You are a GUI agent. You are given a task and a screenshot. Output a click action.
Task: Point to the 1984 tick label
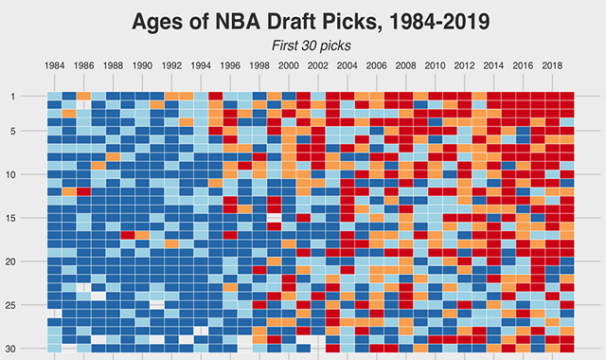pos(55,66)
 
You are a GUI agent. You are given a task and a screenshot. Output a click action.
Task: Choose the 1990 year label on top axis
pos(142,66)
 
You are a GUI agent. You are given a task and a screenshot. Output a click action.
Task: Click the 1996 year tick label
pos(230,66)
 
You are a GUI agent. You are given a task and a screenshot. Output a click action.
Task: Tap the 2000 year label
pos(288,66)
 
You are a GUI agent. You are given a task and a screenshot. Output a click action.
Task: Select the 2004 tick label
pos(347,66)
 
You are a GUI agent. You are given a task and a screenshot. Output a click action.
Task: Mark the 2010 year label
pos(435,66)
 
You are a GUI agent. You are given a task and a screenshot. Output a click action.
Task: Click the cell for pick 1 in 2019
pos(566,96)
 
